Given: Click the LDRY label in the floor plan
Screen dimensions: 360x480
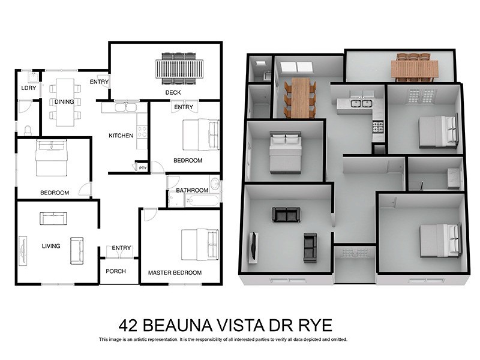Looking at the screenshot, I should tap(28, 88).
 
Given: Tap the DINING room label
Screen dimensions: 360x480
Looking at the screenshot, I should tap(64, 101).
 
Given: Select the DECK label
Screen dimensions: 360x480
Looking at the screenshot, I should tap(174, 92).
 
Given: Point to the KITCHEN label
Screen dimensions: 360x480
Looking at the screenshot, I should tap(121, 136).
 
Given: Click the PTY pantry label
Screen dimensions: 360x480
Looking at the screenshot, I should tap(142, 168).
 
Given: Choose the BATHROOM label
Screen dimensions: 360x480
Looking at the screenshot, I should tap(192, 190).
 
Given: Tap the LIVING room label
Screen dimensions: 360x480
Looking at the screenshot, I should tap(52, 245).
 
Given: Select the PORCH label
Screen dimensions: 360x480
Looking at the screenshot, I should tap(116, 271).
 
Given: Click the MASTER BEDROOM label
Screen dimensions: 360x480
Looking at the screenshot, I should tap(175, 272).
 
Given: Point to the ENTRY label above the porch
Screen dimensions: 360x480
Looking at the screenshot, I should tap(121, 248).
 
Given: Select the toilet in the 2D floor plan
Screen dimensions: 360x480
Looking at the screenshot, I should tap(28, 129).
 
